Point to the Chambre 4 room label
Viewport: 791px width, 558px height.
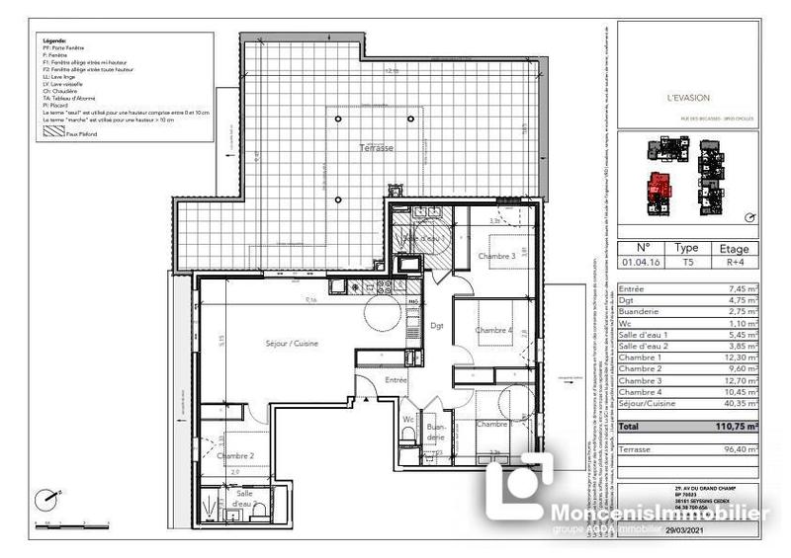(x=493, y=331)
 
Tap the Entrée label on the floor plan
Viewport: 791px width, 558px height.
(x=396, y=379)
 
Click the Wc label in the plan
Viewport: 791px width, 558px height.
(x=406, y=419)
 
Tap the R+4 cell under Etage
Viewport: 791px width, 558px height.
(x=733, y=264)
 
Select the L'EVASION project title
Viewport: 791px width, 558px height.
(x=688, y=98)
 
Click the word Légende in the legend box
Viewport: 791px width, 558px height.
(x=54, y=40)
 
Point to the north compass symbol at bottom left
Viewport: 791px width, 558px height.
(x=44, y=500)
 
